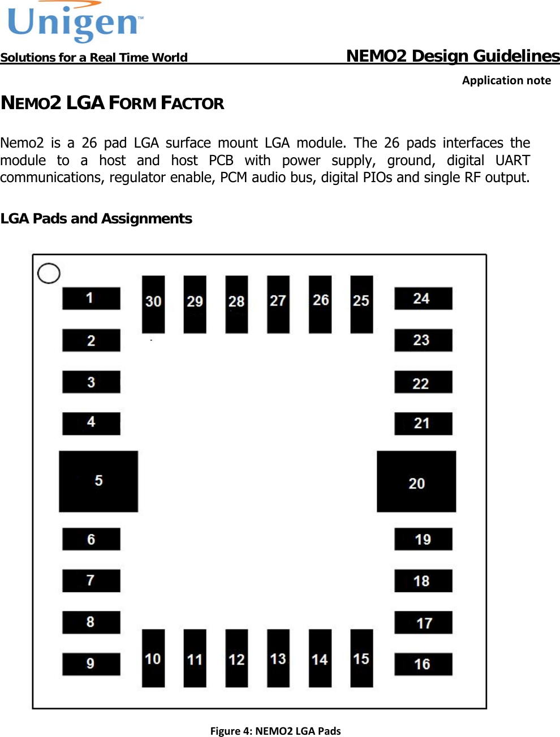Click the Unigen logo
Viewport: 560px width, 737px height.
[x=75, y=23]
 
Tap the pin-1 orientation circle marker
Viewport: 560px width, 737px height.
[x=49, y=273]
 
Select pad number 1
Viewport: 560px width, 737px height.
[x=91, y=298]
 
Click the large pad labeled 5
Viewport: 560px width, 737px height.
[x=98, y=481]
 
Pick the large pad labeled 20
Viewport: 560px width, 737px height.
[x=416, y=481]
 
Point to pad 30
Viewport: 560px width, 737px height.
[x=153, y=304]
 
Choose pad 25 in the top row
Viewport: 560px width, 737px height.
[x=361, y=304]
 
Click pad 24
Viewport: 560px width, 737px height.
[x=423, y=298]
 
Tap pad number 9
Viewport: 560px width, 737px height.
[x=91, y=664]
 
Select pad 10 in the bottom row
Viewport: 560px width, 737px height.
[x=153, y=658]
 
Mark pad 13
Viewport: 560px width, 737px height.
[x=278, y=658]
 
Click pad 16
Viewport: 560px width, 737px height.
[x=423, y=664]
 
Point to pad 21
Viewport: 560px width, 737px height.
[x=423, y=424]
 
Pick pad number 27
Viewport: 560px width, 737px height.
[x=278, y=304]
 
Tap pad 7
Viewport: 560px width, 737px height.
[x=91, y=581]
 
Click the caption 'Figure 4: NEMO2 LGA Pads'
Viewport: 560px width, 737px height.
[x=275, y=731]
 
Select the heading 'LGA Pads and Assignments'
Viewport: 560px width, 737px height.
[x=96, y=218]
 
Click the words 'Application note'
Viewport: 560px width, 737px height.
[x=506, y=80]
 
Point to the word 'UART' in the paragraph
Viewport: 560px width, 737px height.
[x=512, y=160]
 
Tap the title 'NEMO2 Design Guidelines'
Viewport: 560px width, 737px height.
[x=453, y=55]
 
